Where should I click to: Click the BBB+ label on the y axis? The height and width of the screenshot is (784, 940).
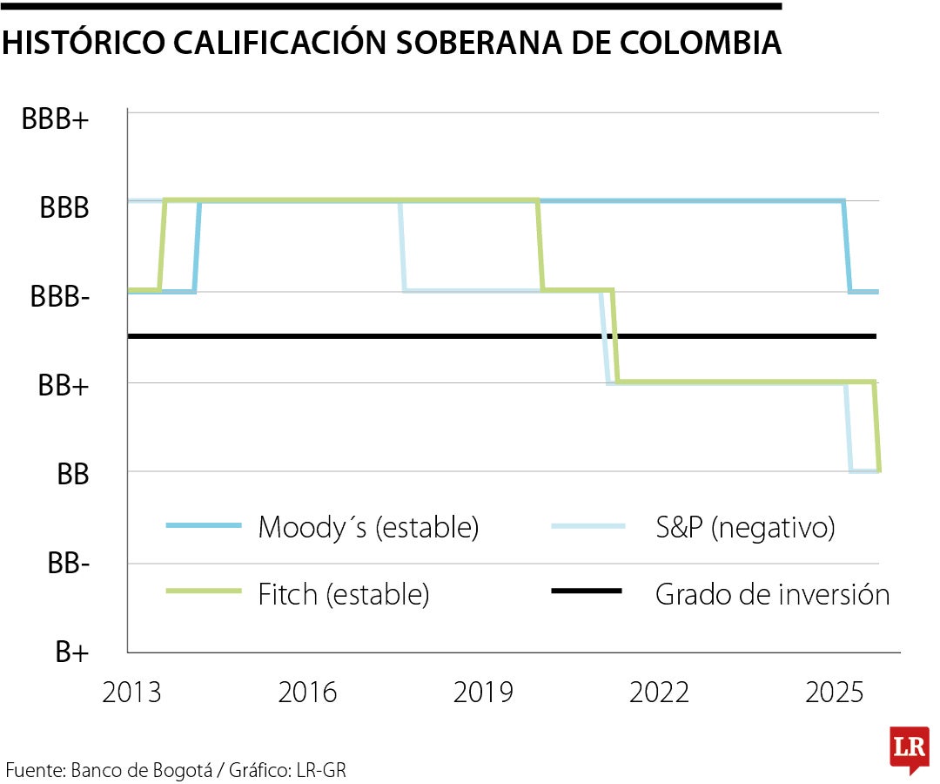(56, 120)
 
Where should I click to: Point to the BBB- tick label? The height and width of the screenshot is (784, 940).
(60, 296)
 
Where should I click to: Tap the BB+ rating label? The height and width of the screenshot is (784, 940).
(64, 386)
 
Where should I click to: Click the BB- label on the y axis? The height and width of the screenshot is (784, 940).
(69, 564)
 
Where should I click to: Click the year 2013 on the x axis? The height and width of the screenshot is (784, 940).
(131, 693)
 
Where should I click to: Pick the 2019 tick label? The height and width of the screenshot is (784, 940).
(483, 693)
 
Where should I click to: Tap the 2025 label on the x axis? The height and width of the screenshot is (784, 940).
(835, 693)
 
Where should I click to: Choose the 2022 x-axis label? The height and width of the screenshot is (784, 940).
(659, 693)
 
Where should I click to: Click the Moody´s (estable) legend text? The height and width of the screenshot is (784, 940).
(368, 528)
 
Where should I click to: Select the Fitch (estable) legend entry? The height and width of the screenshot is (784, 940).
(344, 594)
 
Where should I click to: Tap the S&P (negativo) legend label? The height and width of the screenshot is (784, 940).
(745, 528)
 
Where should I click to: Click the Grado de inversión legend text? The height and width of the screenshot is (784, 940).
(772, 594)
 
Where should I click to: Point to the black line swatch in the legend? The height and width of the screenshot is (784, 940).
(587, 591)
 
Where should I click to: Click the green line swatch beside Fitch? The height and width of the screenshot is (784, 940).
(203, 591)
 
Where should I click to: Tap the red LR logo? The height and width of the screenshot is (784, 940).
(909, 747)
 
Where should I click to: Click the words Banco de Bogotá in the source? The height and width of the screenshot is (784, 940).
(143, 770)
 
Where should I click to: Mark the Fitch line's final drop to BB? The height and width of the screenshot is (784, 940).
(876, 427)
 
